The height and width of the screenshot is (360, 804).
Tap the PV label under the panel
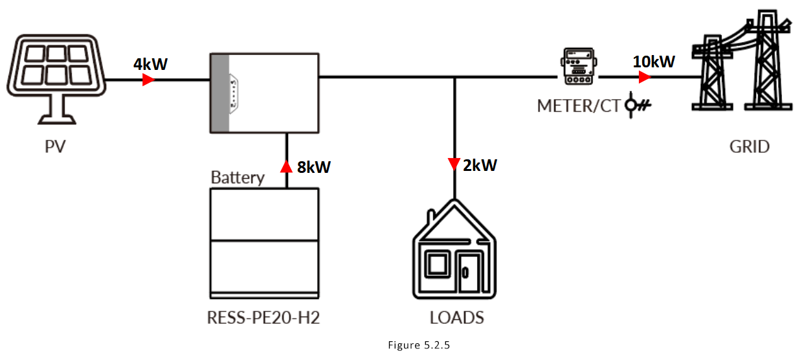coord(56,147)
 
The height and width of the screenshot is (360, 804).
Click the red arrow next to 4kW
coord(149,80)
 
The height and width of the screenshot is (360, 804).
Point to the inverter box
coord(265,94)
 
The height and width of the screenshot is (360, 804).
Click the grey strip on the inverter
coord(220,94)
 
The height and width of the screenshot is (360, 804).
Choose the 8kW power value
coord(314,167)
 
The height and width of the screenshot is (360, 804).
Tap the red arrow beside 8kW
coord(286,167)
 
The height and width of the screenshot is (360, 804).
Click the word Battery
coord(238,177)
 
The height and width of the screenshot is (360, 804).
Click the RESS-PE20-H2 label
coord(264,318)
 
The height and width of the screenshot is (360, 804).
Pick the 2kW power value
coord(480,165)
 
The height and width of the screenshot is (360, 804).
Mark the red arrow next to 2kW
coord(454,165)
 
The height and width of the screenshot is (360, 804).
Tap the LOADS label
coord(457,318)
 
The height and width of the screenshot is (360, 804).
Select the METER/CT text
coord(579,106)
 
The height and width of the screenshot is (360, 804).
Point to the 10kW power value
coord(654,62)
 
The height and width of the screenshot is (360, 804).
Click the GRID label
coord(750,147)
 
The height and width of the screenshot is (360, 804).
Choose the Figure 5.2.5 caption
coord(419,345)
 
